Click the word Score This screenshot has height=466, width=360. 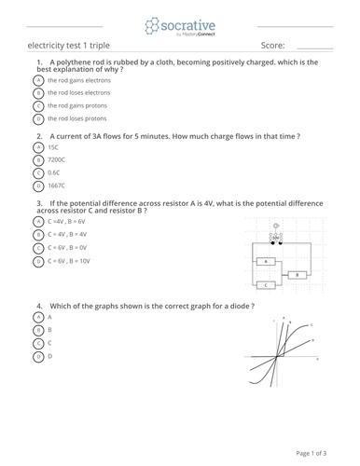click(272, 45)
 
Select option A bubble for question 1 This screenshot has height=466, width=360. click(38, 80)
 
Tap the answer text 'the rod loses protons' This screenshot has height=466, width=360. click(76, 119)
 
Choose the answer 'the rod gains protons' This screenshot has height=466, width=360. click(76, 106)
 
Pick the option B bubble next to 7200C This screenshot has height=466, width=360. click(38, 160)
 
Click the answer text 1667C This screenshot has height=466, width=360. click(54, 186)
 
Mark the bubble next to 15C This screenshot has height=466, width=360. click(38, 147)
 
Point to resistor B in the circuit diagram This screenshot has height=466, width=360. click(298, 275)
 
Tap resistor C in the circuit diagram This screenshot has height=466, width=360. click(267, 284)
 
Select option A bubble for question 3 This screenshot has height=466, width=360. click(38, 222)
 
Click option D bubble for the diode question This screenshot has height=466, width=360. click(38, 356)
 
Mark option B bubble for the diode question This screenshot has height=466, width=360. click(38, 330)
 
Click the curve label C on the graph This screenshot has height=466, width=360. click(311, 325)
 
